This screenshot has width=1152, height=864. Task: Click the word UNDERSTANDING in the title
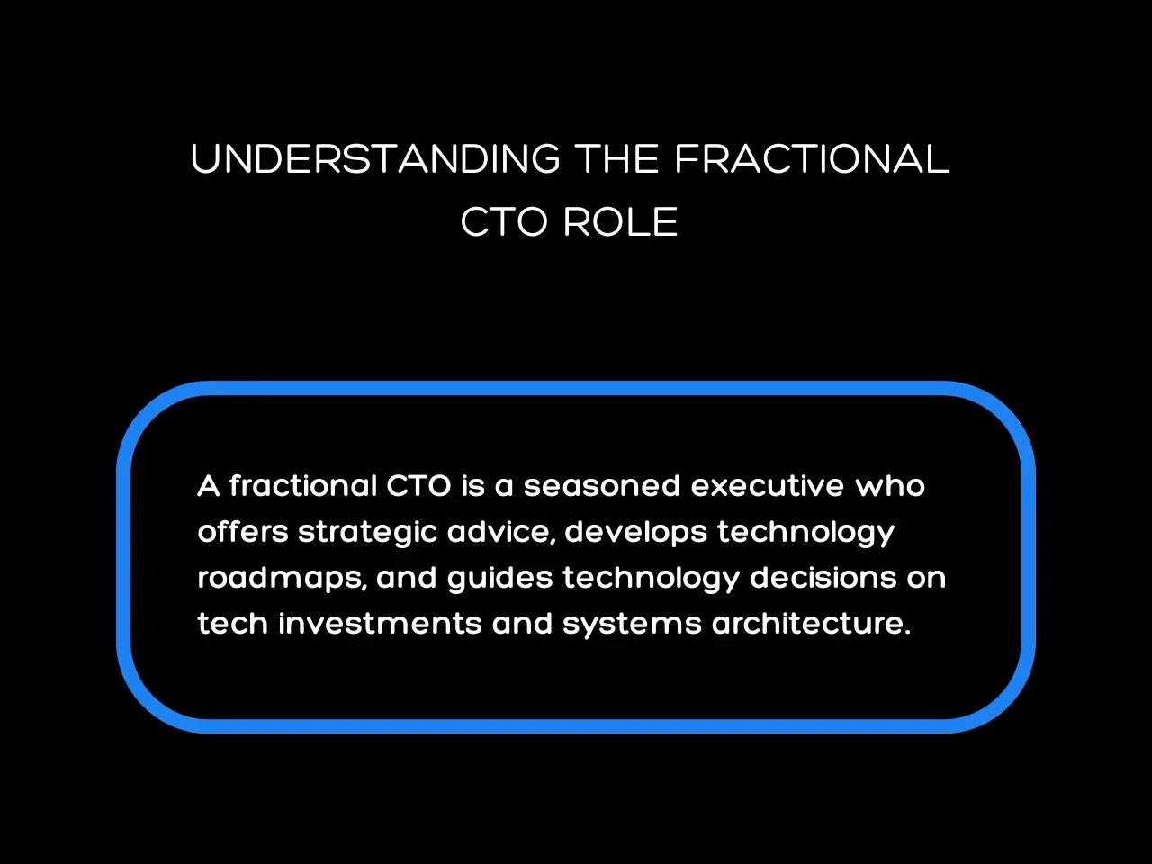(x=375, y=159)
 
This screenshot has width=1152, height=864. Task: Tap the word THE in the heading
(x=616, y=159)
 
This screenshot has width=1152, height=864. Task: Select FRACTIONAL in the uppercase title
(x=812, y=159)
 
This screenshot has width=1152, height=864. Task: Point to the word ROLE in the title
(x=620, y=222)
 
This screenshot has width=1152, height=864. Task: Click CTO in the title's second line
(x=504, y=222)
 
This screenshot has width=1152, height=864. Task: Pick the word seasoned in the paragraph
(x=602, y=486)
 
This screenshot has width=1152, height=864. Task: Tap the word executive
(x=768, y=486)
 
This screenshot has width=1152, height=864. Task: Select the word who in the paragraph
(x=889, y=486)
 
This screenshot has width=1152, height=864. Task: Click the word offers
(x=243, y=531)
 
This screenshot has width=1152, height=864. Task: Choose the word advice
(x=500, y=532)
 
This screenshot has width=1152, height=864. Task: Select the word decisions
(x=823, y=577)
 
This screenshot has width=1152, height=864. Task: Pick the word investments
(x=380, y=623)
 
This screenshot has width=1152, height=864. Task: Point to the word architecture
(x=811, y=623)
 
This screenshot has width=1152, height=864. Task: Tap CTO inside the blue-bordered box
(x=418, y=486)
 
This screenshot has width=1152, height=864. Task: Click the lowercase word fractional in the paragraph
(x=303, y=486)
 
